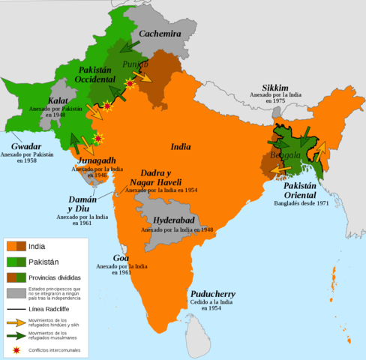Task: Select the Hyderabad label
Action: (x=174, y=220)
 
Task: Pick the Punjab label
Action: (x=136, y=64)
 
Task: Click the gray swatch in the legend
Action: (x=16, y=293)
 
